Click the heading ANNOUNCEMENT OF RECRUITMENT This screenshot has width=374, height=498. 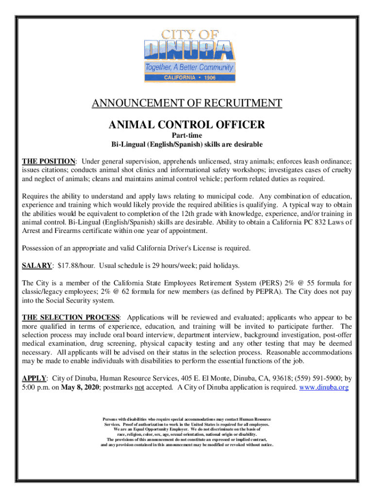coord(187,103)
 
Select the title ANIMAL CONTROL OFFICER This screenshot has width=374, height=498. coord(187,125)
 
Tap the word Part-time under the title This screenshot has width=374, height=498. coord(187,136)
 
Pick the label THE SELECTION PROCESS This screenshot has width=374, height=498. coord(70,318)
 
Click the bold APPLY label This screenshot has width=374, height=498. coord(34,378)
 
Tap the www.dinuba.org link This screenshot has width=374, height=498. coord(324,387)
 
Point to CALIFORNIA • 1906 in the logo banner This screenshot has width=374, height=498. coord(187,77)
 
